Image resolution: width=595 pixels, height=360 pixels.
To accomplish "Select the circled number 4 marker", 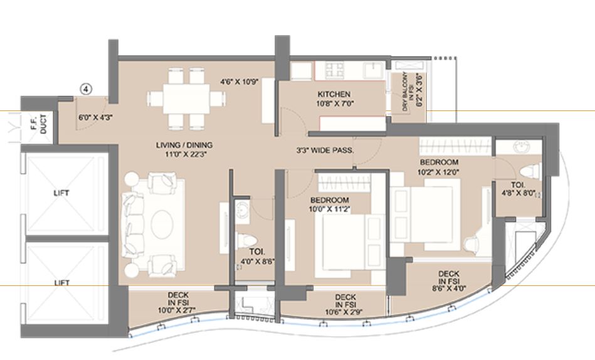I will coord(85,89).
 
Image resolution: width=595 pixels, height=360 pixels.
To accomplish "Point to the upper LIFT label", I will coord(61,193).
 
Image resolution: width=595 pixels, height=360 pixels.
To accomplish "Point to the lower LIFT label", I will coord(61,283).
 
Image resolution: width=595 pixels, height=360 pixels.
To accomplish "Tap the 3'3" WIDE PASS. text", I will coord(326,151).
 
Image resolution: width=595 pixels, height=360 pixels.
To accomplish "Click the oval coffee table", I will coord(161,221).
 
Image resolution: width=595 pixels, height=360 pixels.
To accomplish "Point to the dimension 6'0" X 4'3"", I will coord(92,116).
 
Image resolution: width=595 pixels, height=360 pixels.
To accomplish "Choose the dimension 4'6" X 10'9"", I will coord(239,81).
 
